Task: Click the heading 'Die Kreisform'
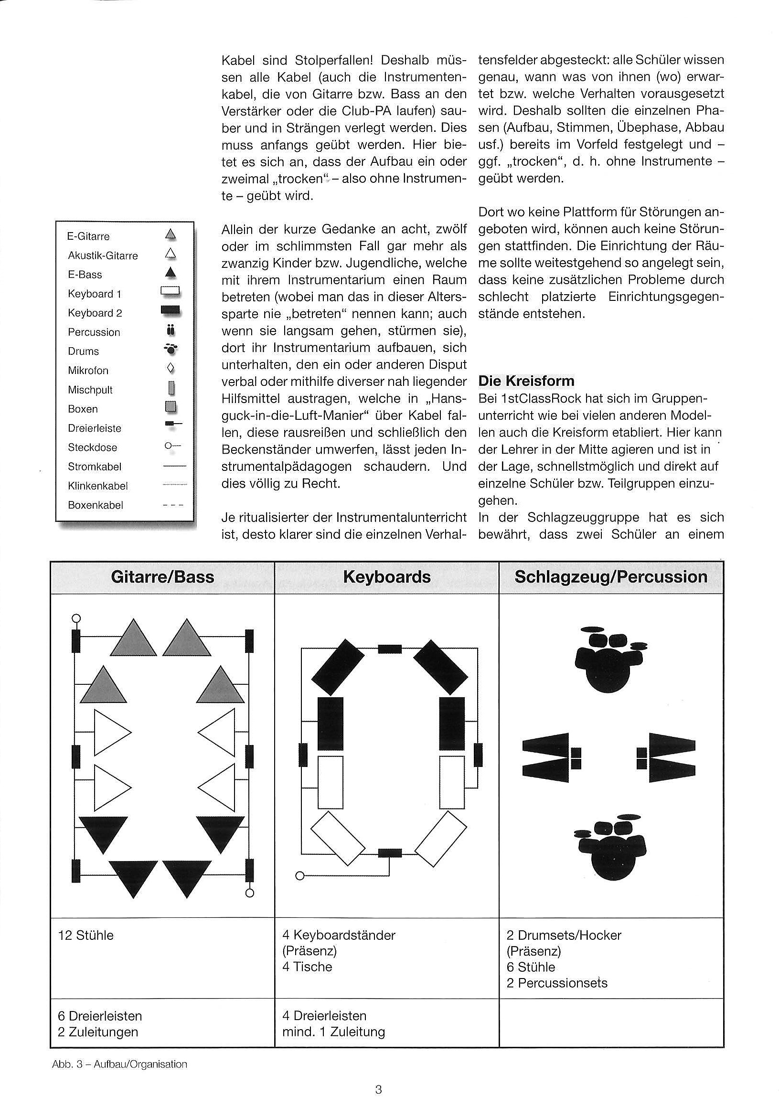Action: (526, 381)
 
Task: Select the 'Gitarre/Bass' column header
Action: (162, 577)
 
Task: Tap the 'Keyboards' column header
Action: (386, 577)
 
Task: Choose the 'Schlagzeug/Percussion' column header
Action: (611, 577)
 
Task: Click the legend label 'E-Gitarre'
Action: (88, 236)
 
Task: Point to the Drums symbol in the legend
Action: (171, 351)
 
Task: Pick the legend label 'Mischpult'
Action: (90, 390)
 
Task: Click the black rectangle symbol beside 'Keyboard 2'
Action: (171, 311)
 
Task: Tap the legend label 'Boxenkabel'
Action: (96, 505)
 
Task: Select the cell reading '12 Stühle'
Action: (86, 936)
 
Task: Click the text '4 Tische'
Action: (307, 967)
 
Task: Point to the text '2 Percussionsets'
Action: (557, 983)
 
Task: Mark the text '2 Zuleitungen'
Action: (98, 1032)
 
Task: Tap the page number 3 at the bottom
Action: (378, 1089)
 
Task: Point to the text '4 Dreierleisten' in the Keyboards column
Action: (324, 1016)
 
